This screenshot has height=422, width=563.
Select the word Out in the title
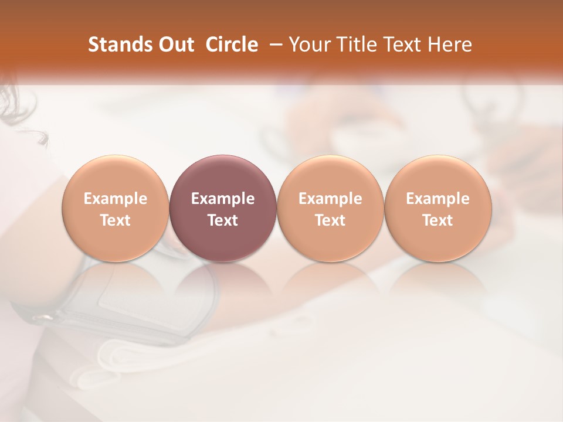[174, 45]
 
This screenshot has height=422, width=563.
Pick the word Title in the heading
[357, 45]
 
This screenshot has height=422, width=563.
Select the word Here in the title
[450, 45]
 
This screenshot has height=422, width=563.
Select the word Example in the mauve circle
[223, 199]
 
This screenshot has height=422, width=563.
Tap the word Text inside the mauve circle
[223, 220]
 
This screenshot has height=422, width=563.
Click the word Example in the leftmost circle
[115, 199]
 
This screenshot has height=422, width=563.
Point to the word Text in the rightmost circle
[437, 220]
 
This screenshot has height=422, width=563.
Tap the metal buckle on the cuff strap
[44, 318]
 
